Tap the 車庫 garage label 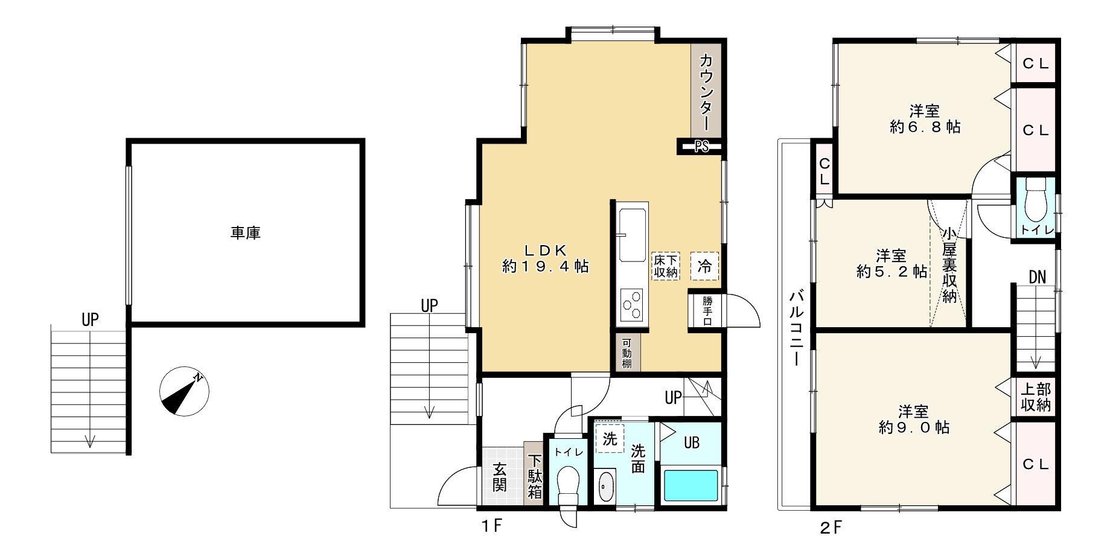pyautogui.click(x=245, y=233)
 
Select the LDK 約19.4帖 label pyautogui.click(x=545, y=258)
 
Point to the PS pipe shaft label pyautogui.click(x=701, y=146)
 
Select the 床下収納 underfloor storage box pyautogui.click(x=665, y=266)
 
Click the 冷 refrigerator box pyautogui.click(x=704, y=266)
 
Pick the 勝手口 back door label pyautogui.click(x=707, y=310)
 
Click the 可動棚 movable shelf pyautogui.click(x=628, y=353)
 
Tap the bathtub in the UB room pyautogui.click(x=692, y=485)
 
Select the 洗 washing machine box pyautogui.click(x=610, y=439)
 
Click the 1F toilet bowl pyautogui.click(x=567, y=485)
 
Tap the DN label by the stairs pyautogui.click(x=1037, y=278)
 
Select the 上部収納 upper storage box pyautogui.click(x=1036, y=397)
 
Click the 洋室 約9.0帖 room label pyautogui.click(x=914, y=420)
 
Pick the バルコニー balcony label pyautogui.click(x=796, y=329)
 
